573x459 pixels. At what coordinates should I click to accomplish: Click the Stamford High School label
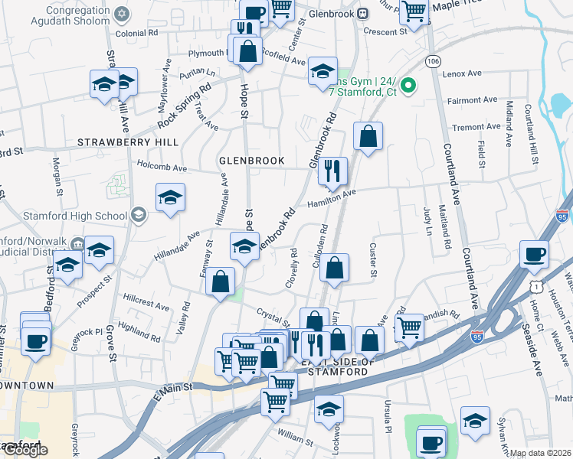pyautogui.click(x=84, y=216)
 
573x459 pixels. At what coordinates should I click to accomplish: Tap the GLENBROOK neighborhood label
pyautogui.click(x=252, y=161)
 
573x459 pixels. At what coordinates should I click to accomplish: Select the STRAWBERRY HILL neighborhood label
pyautogui.click(x=128, y=142)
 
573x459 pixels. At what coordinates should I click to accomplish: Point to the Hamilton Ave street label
pyautogui.click(x=332, y=200)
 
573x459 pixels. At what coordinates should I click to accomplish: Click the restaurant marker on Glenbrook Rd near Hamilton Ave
pyautogui.click(x=332, y=171)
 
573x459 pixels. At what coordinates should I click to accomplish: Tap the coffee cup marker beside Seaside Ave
pyautogui.click(x=535, y=256)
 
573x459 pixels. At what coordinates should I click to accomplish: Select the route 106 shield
pyautogui.click(x=434, y=60)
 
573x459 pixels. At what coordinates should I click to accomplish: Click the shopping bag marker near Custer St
pyautogui.click(x=334, y=268)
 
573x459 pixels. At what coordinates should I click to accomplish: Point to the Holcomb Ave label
pyautogui.click(x=162, y=165)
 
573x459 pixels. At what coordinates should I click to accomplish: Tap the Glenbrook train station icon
pyautogui.click(x=363, y=14)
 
